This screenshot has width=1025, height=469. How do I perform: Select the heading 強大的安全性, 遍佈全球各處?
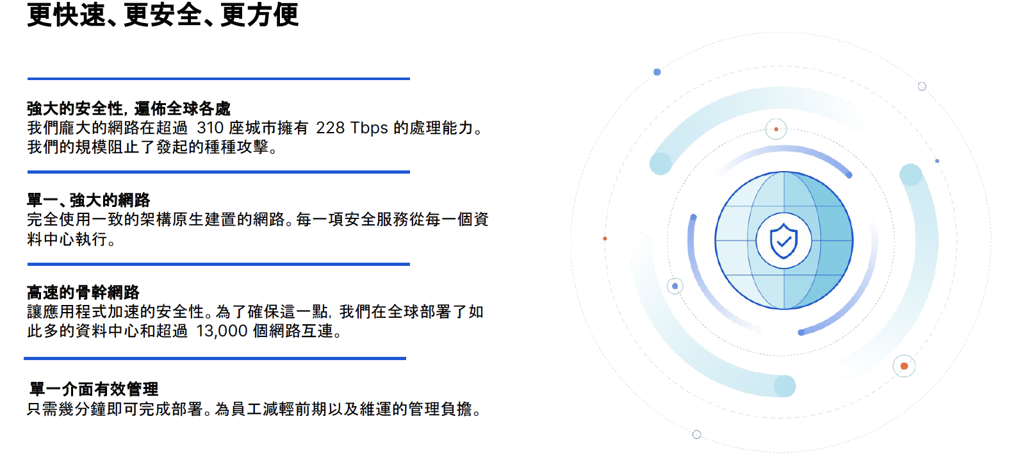pyautogui.click(x=129, y=108)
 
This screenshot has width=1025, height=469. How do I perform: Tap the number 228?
pyautogui.click(x=330, y=128)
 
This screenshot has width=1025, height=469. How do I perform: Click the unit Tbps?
pyautogui.click(x=369, y=128)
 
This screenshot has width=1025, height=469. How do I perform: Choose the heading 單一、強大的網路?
pyautogui.click(x=88, y=200)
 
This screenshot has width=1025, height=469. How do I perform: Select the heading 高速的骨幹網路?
pyautogui.click(x=83, y=292)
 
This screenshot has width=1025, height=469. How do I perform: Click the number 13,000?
pyautogui.click(x=222, y=331)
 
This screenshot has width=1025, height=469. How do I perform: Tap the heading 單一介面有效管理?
pyautogui.click(x=94, y=389)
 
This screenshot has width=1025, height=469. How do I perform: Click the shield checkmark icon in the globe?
pyautogui.click(x=783, y=241)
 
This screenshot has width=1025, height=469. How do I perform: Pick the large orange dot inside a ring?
pyautogui.click(x=904, y=366)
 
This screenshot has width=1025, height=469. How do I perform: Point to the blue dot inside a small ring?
pyautogui.click(x=675, y=286)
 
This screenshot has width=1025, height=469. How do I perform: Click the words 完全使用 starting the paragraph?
pyautogui.click(x=59, y=220)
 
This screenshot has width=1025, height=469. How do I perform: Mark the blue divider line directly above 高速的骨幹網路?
pyautogui.click(x=218, y=264)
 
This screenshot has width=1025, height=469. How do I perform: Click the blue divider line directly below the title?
pyautogui.click(x=218, y=79)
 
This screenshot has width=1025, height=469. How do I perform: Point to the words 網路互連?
pyautogui.click(x=301, y=331)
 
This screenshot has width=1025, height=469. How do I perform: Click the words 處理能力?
pyautogui.click(x=441, y=128)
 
